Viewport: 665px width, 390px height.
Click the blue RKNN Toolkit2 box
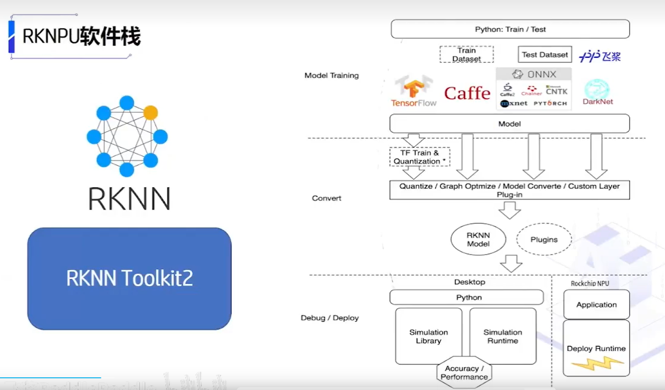pyautogui.click(x=129, y=278)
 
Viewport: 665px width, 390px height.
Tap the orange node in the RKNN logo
pyautogui.click(x=150, y=112)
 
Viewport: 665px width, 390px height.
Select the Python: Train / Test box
pyautogui.click(x=510, y=29)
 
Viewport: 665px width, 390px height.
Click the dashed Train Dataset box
pyautogui.click(x=466, y=55)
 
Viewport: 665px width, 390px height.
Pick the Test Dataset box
pyautogui.click(x=544, y=55)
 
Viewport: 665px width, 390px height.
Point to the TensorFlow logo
pyautogui.click(x=414, y=92)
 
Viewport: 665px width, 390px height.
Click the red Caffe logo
pyautogui.click(x=467, y=93)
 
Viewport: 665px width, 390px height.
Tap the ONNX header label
pyautogui.click(x=534, y=74)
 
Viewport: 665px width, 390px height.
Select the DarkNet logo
pyautogui.click(x=597, y=92)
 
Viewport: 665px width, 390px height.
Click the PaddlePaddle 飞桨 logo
pyautogui.click(x=600, y=56)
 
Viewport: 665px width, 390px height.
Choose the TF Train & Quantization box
pyautogui.click(x=419, y=157)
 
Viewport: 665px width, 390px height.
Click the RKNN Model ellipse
pyautogui.click(x=478, y=239)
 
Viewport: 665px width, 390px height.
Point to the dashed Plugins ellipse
pyautogui.click(x=544, y=239)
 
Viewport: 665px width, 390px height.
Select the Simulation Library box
pyautogui.click(x=428, y=336)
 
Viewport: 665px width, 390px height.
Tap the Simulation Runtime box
pyautogui.click(x=503, y=336)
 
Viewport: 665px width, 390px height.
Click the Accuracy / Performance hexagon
pyautogui.click(x=464, y=372)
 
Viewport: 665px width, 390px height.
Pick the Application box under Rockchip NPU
pyautogui.click(x=596, y=305)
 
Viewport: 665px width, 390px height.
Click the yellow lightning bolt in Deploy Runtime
pyautogui.click(x=597, y=363)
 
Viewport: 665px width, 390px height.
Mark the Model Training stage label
pyautogui.click(x=332, y=75)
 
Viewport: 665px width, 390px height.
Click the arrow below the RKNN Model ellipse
pyautogui.click(x=511, y=263)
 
